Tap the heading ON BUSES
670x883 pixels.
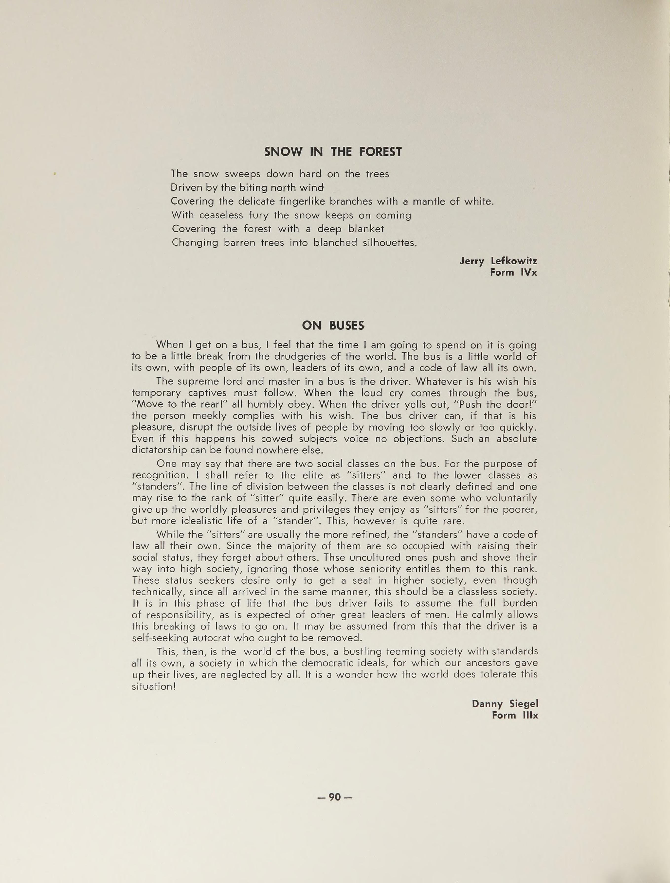(x=333, y=326)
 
